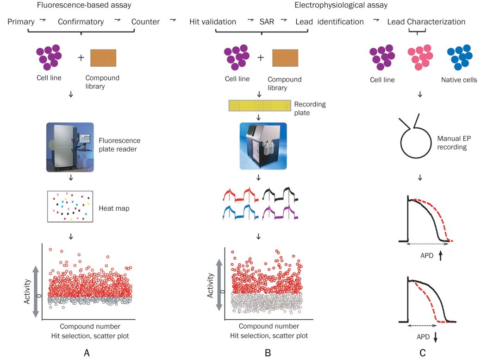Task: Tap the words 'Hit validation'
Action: [x=213, y=22]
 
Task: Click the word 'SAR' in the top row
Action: [x=267, y=22]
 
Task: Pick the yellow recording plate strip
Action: [x=259, y=106]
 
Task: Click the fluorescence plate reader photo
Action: [x=70, y=147]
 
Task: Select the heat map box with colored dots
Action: [x=70, y=207]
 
